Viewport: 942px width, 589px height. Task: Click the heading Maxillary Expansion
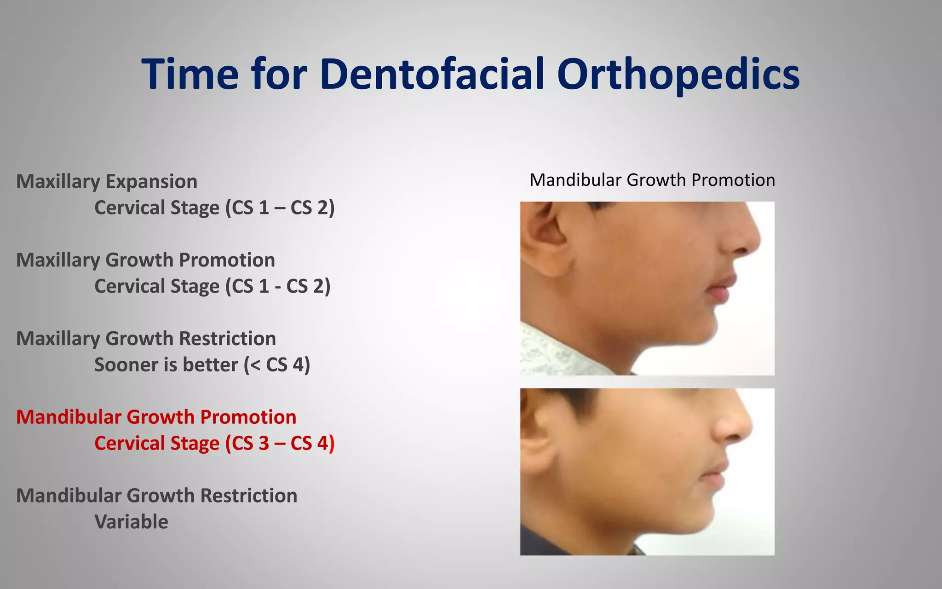pos(107,181)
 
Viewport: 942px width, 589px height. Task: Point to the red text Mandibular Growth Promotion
pos(156,417)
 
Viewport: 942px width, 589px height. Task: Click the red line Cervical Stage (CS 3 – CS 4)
pos(214,443)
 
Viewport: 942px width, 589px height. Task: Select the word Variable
pos(131,522)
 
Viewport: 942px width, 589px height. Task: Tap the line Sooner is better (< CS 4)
pos(202,364)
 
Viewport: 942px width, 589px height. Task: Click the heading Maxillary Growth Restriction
pos(146,339)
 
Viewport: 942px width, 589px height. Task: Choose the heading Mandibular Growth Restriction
pos(156,496)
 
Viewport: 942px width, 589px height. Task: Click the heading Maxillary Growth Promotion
pos(145,260)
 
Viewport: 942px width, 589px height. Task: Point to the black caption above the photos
pos(652,180)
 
